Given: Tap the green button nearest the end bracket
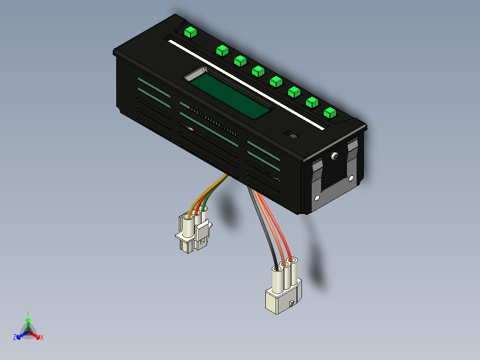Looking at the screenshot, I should click(x=329, y=113).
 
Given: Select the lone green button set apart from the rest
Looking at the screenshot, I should click(x=190, y=32).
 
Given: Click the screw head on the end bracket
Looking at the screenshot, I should click(x=334, y=156).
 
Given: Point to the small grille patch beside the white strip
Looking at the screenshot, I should click(x=292, y=135).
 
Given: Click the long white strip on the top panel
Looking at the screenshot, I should click(x=245, y=84).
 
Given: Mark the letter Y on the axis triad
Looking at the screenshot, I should click(x=28, y=313).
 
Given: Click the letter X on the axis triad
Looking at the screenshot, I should click(x=42, y=338).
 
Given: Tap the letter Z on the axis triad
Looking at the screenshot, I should click(x=15, y=338).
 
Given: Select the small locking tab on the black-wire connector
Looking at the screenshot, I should click(x=292, y=304).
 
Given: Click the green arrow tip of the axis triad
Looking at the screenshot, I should click(x=28, y=320).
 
